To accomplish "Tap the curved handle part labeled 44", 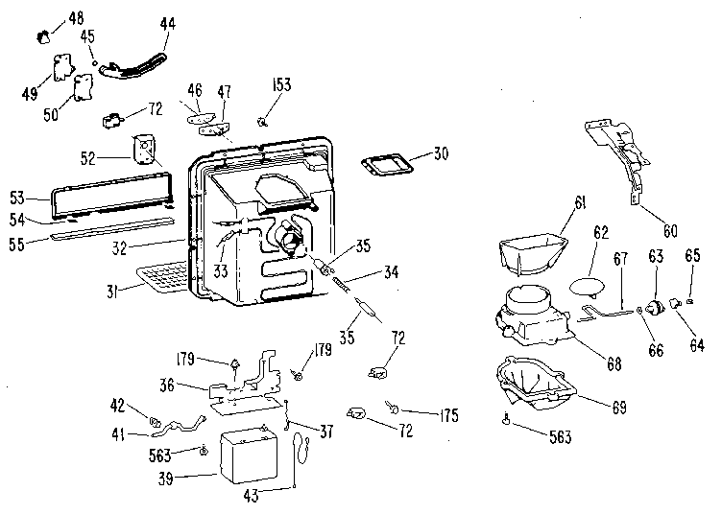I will coord(140,64).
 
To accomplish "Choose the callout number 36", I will coord(195,386).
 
